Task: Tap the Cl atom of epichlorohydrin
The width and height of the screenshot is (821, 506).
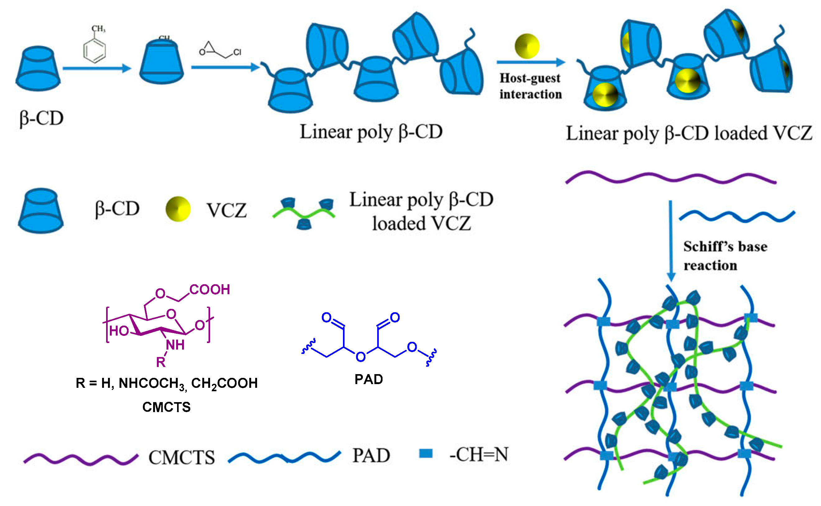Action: click(x=237, y=52)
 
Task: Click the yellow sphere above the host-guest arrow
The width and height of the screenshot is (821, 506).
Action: click(x=527, y=46)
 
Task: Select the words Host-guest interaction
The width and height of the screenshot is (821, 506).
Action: click(x=530, y=86)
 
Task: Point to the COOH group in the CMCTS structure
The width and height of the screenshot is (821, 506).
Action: click(x=209, y=290)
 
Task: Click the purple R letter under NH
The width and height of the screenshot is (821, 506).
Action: click(x=161, y=362)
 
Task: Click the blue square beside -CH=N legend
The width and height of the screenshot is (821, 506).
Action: click(x=425, y=453)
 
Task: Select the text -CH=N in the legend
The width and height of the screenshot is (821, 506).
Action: click(x=479, y=454)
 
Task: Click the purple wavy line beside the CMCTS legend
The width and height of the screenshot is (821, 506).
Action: click(x=80, y=459)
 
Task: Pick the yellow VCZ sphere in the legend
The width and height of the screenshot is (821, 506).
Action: click(x=178, y=209)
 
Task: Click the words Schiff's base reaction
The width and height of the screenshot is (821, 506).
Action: click(x=725, y=256)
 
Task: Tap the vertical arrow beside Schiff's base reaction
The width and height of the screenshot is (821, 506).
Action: click(x=670, y=241)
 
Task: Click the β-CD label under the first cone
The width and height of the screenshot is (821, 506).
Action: click(x=41, y=118)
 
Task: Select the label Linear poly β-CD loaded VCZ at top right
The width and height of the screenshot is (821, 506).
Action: click(x=689, y=133)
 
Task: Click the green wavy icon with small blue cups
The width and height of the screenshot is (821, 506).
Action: click(x=304, y=213)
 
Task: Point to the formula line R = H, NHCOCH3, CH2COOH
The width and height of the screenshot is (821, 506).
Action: click(x=167, y=383)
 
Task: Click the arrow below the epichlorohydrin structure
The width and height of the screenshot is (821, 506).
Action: click(x=225, y=67)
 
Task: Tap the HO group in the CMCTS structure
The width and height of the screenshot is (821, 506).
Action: click(x=119, y=331)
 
